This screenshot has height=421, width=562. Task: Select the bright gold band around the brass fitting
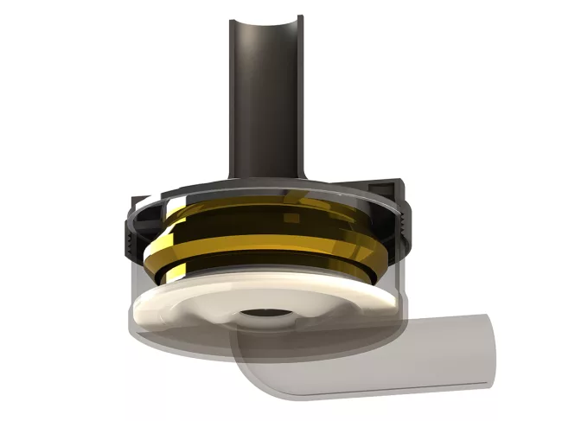click(x=259, y=251)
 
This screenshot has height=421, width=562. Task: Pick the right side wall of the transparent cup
click(x=402, y=277)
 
